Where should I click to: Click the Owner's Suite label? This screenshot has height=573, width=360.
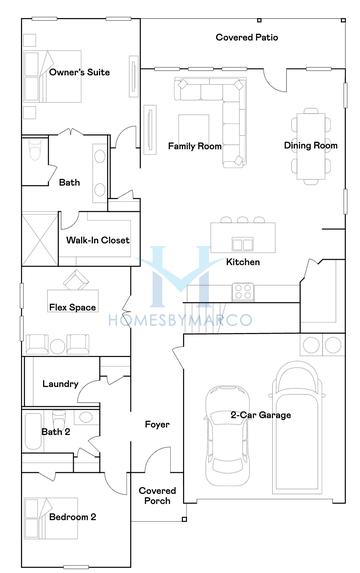point(79,72)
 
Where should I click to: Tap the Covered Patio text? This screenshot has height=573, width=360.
point(247,38)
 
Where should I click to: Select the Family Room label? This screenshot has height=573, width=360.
point(194,146)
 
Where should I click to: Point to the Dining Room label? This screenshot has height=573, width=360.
point(311,146)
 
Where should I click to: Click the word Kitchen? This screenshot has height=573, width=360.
point(243,262)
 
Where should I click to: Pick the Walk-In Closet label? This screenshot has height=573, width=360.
point(98,241)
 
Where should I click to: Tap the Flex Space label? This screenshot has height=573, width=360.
point(73,307)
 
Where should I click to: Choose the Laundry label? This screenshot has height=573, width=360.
point(60,384)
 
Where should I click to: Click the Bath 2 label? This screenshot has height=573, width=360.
point(55,432)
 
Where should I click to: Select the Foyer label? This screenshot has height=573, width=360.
point(157,425)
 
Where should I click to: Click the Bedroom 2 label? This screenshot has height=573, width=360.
point(73,518)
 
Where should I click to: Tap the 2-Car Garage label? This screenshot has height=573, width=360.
point(261,414)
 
